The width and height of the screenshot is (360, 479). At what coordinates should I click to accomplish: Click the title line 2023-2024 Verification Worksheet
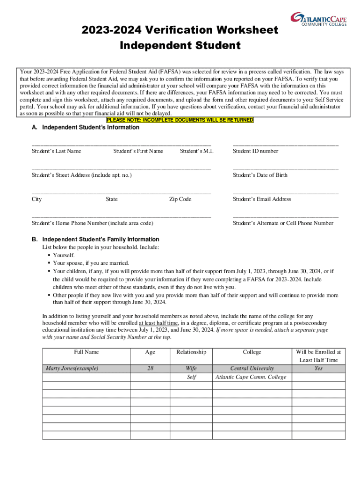point(180,30)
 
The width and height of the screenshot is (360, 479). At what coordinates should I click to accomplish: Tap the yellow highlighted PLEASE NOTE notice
point(180,120)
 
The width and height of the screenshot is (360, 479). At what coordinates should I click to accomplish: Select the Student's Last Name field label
point(57,151)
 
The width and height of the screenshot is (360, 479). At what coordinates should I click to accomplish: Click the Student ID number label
point(255,151)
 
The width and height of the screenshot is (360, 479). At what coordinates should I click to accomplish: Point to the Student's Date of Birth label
point(260,175)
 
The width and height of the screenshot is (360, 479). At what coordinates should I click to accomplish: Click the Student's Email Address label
point(262,199)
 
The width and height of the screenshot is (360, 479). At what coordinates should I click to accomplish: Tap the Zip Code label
point(180,199)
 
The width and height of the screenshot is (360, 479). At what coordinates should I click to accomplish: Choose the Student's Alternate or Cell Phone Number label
point(283,223)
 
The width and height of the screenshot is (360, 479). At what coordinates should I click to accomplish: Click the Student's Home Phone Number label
point(93,223)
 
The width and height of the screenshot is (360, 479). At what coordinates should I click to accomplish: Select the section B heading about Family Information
point(95,239)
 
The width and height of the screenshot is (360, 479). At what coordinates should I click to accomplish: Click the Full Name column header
point(86,352)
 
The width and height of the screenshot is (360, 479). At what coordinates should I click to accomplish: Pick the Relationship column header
point(191,352)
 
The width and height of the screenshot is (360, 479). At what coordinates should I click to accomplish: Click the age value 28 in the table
point(150,369)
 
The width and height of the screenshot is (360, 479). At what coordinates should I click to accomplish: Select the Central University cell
point(252,369)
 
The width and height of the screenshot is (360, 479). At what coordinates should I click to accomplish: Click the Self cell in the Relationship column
point(191,377)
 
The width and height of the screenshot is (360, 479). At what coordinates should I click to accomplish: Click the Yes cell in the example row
point(318,369)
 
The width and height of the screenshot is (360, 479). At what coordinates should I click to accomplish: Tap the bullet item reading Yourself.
point(64,255)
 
